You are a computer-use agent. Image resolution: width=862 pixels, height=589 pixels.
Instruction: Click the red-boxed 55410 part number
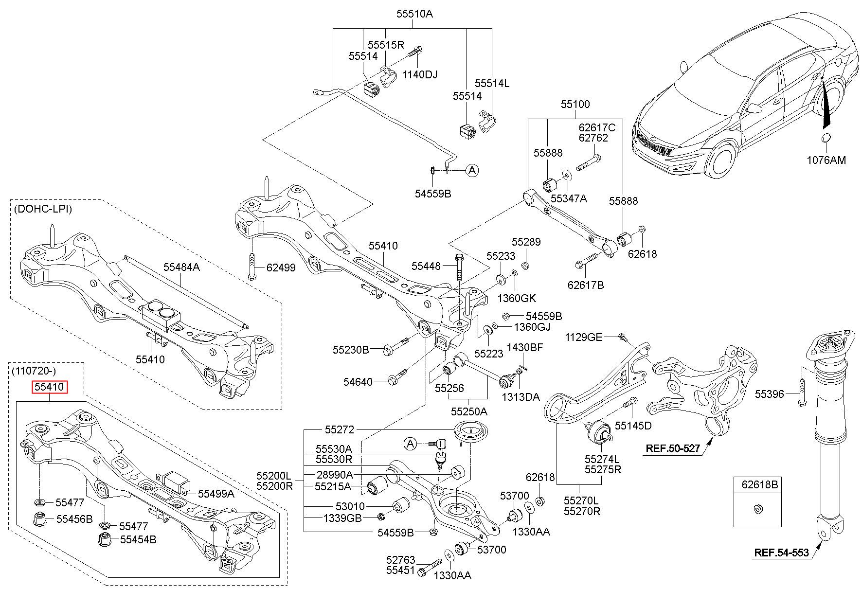(50, 388)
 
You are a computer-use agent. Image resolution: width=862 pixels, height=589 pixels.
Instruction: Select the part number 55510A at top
(414, 14)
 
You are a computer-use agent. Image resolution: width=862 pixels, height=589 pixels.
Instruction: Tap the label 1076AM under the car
(826, 160)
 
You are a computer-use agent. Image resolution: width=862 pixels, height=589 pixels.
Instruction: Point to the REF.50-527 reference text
(673, 448)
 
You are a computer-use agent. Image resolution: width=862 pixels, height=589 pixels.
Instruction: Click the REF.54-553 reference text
(781, 552)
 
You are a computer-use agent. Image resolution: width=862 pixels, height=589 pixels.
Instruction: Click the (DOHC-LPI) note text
(43, 209)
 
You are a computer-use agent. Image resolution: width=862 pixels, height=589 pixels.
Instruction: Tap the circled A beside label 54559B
(471, 170)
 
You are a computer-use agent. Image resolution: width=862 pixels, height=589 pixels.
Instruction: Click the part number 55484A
(181, 267)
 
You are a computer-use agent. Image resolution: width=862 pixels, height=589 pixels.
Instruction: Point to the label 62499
(281, 268)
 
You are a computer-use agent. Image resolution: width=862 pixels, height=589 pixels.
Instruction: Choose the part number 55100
(575, 104)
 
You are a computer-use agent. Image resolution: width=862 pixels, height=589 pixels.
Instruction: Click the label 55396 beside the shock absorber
(770, 394)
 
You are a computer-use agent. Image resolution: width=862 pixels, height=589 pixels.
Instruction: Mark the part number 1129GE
(584, 337)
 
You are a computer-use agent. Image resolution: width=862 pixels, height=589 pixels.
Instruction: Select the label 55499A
(216, 494)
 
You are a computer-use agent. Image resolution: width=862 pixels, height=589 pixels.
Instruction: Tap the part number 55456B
(74, 519)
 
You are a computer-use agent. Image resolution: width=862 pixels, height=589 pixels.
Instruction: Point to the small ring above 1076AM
(826, 139)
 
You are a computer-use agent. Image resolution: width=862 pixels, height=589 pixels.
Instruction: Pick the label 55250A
(468, 411)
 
